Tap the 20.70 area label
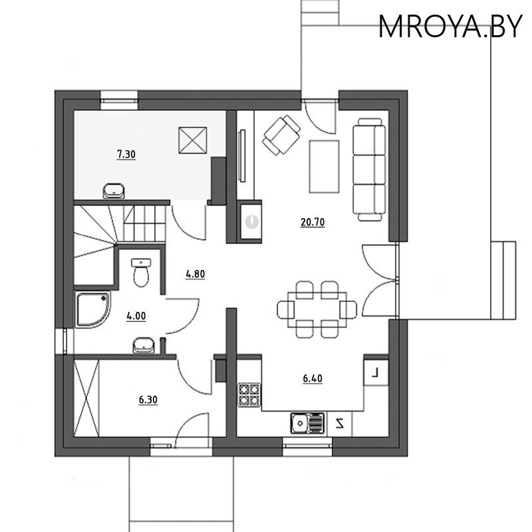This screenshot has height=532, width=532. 312,223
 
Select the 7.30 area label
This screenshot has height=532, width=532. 126,155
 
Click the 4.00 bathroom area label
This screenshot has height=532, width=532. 136,317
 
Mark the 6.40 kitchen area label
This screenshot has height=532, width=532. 313,379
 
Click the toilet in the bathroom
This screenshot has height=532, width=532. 141,273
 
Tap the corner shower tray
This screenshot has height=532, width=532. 93,309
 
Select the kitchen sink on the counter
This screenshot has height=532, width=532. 308,422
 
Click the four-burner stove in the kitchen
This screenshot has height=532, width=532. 249,394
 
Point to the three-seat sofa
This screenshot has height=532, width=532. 370,170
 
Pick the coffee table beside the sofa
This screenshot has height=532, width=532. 324,166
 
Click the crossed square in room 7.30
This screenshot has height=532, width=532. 194,140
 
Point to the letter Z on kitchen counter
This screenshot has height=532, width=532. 340,422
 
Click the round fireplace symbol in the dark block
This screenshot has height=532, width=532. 251,222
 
